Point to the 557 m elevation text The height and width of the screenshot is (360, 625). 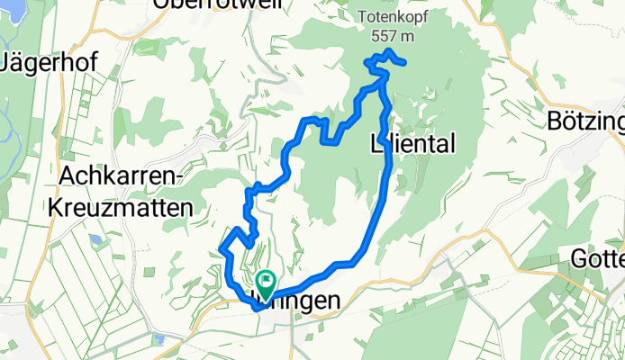tap(392, 35)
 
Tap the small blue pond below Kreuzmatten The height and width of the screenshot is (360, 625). tap(95, 241)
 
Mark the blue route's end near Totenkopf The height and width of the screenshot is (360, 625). tap(404, 62)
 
